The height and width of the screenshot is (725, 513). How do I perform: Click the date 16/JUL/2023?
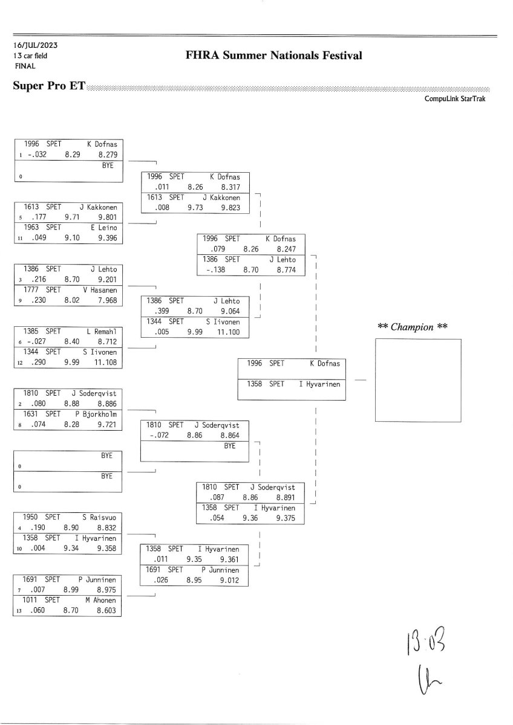pos(35,45)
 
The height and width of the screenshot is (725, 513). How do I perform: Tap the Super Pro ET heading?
pos(49,86)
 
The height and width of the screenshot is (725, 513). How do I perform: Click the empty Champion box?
pos(418,380)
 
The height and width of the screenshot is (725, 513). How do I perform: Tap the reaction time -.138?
pos(216,270)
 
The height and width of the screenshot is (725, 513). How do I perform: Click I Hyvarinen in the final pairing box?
pos(319,384)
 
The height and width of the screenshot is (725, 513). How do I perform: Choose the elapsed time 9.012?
pos(230,581)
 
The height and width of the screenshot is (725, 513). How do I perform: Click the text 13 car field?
pos(30,56)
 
